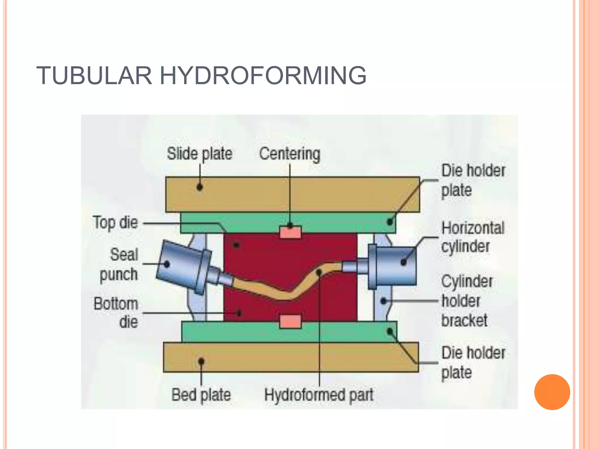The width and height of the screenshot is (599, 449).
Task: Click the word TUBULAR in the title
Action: (x=94, y=76)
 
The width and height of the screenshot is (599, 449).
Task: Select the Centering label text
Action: (x=290, y=154)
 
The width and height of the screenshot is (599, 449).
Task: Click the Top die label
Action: (x=115, y=222)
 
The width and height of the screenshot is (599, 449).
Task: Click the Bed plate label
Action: (x=201, y=395)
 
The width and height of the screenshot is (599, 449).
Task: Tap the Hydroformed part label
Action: (x=319, y=395)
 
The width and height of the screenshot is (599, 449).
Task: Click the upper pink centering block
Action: (x=290, y=232)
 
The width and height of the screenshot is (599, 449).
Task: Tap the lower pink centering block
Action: (x=290, y=321)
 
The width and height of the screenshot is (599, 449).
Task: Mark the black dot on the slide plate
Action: (x=200, y=187)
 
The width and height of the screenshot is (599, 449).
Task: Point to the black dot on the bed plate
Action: (x=201, y=362)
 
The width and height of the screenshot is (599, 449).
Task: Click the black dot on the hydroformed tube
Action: (x=319, y=272)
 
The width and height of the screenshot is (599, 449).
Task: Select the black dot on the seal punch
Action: (x=167, y=264)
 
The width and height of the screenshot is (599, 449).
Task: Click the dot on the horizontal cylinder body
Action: (x=404, y=262)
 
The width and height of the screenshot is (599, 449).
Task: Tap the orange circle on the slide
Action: (x=552, y=392)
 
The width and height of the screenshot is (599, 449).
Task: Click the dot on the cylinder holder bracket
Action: (x=383, y=301)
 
